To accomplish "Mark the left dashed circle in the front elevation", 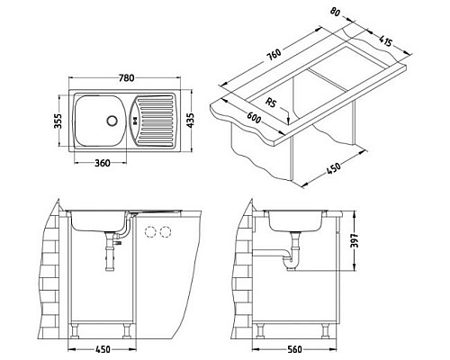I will tap(149, 232).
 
